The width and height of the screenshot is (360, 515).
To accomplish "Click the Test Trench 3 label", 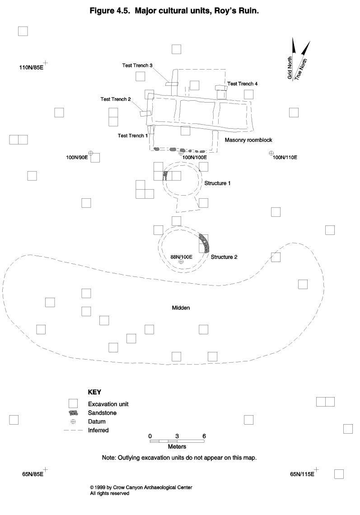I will [137, 66].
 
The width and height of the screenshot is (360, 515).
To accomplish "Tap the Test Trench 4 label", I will [243, 84].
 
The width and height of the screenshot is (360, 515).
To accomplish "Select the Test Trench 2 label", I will [116, 99].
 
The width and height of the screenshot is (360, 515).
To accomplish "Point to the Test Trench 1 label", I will [133, 136].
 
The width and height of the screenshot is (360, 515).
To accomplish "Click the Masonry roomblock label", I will [248, 140].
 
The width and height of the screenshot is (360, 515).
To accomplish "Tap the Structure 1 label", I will [218, 183].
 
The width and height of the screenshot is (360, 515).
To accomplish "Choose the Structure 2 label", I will [224, 257].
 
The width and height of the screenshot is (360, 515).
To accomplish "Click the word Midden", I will [181, 308].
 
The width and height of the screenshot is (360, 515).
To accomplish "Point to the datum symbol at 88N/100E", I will [181, 262].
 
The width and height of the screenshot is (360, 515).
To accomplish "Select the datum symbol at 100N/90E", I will [90, 153].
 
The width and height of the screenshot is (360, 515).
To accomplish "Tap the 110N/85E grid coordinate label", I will [31, 68].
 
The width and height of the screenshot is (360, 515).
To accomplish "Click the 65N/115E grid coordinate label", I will [302, 474].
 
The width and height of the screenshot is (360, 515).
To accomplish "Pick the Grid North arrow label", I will [290, 68].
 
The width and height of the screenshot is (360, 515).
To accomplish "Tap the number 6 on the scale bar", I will [204, 435].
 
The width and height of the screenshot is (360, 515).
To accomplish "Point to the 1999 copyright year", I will [101, 487].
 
